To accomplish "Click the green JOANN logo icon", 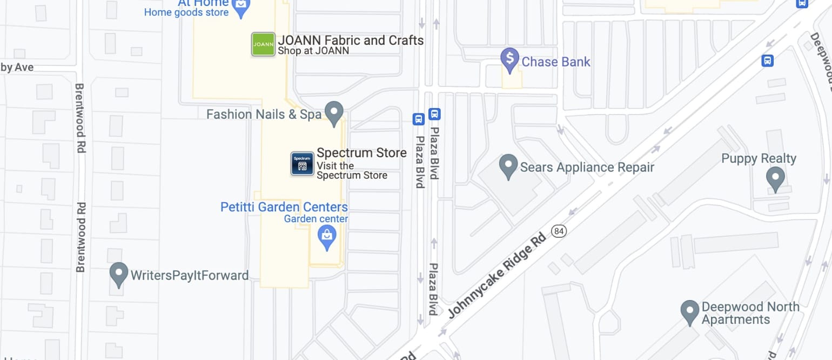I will [x=263, y=44].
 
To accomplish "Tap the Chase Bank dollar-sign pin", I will [x=509, y=59].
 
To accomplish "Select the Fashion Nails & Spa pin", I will [x=334, y=113].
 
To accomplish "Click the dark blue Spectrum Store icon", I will [x=302, y=164].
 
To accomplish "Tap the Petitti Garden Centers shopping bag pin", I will [x=326, y=237].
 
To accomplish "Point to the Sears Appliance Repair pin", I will [x=508, y=166].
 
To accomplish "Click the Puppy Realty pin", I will [x=775, y=178].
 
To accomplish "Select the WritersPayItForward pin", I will [x=118, y=274].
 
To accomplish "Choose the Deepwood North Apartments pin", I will [x=689, y=312].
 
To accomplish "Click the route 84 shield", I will [x=559, y=231].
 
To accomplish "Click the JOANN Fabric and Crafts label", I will [x=350, y=40].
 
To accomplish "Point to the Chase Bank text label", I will [x=556, y=62].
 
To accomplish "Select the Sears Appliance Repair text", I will [x=587, y=167].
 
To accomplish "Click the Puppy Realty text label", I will [x=759, y=158].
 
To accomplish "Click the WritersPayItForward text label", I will [x=190, y=275].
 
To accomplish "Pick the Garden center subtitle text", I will [x=316, y=219].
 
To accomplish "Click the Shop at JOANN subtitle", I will [x=313, y=51].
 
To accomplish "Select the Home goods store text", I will [x=186, y=12].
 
